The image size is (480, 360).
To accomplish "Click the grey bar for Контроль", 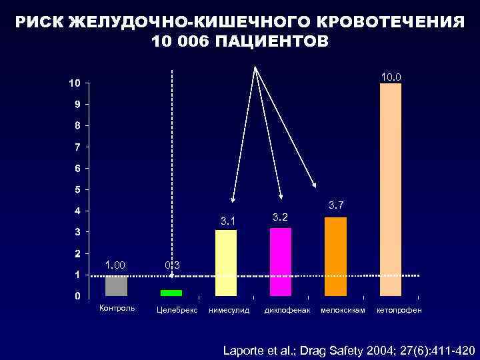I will [x=116, y=285].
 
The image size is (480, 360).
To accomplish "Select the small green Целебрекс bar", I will [x=171, y=293].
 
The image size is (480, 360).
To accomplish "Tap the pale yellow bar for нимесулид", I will [x=226, y=262].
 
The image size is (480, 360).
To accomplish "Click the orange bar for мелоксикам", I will [x=335, y=256].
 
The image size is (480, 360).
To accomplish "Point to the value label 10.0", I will [x=391, y=78].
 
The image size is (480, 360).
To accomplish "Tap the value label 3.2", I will [x=280, y=217].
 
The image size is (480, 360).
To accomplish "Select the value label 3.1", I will [x=227, y=221].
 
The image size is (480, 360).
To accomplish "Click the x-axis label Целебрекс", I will [x=176, y=311].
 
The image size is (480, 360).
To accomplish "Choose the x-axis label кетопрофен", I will [x=399, y=311].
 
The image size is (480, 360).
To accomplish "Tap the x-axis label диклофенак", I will [x=287, y=311].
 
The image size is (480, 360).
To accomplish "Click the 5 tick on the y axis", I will [x=77, y=189].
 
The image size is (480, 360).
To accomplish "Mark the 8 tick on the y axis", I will [x=77, y=125].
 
